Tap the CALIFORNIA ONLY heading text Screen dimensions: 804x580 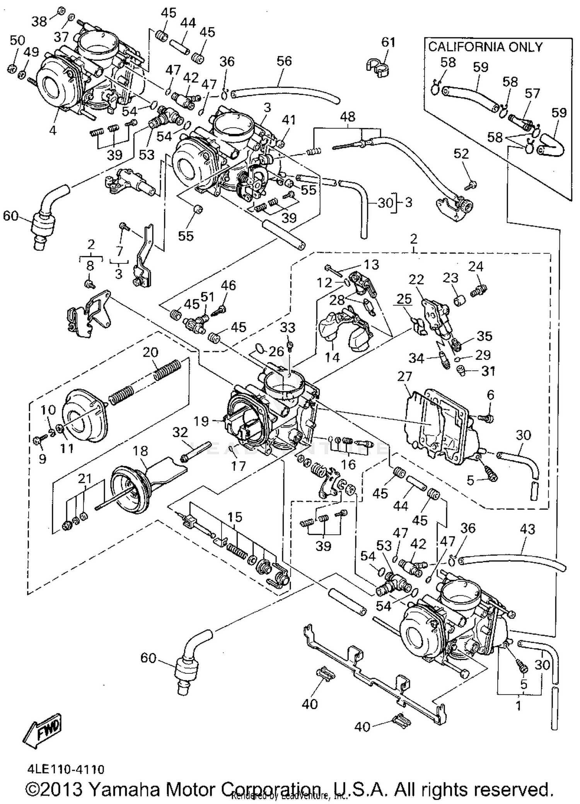click(485, 47)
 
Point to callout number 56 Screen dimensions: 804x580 click(284, 61)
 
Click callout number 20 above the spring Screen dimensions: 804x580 click(150, 352)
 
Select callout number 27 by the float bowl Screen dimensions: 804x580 click(404, 376)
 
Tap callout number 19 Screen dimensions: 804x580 click(201, 421)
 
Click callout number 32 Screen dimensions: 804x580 click(180, 433)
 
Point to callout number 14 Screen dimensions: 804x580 click(332, 358)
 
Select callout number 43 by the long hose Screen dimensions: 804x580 click(527, 529)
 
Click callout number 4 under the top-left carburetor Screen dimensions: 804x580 click(53, 130)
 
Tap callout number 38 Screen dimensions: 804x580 click(39, 22)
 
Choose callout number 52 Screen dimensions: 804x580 click(461, 154)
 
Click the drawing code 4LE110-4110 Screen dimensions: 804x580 click(66, 769)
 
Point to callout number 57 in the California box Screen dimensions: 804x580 click(532, 94)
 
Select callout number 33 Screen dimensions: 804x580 click(287, 328)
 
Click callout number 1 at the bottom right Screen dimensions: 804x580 click(518, 706)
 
